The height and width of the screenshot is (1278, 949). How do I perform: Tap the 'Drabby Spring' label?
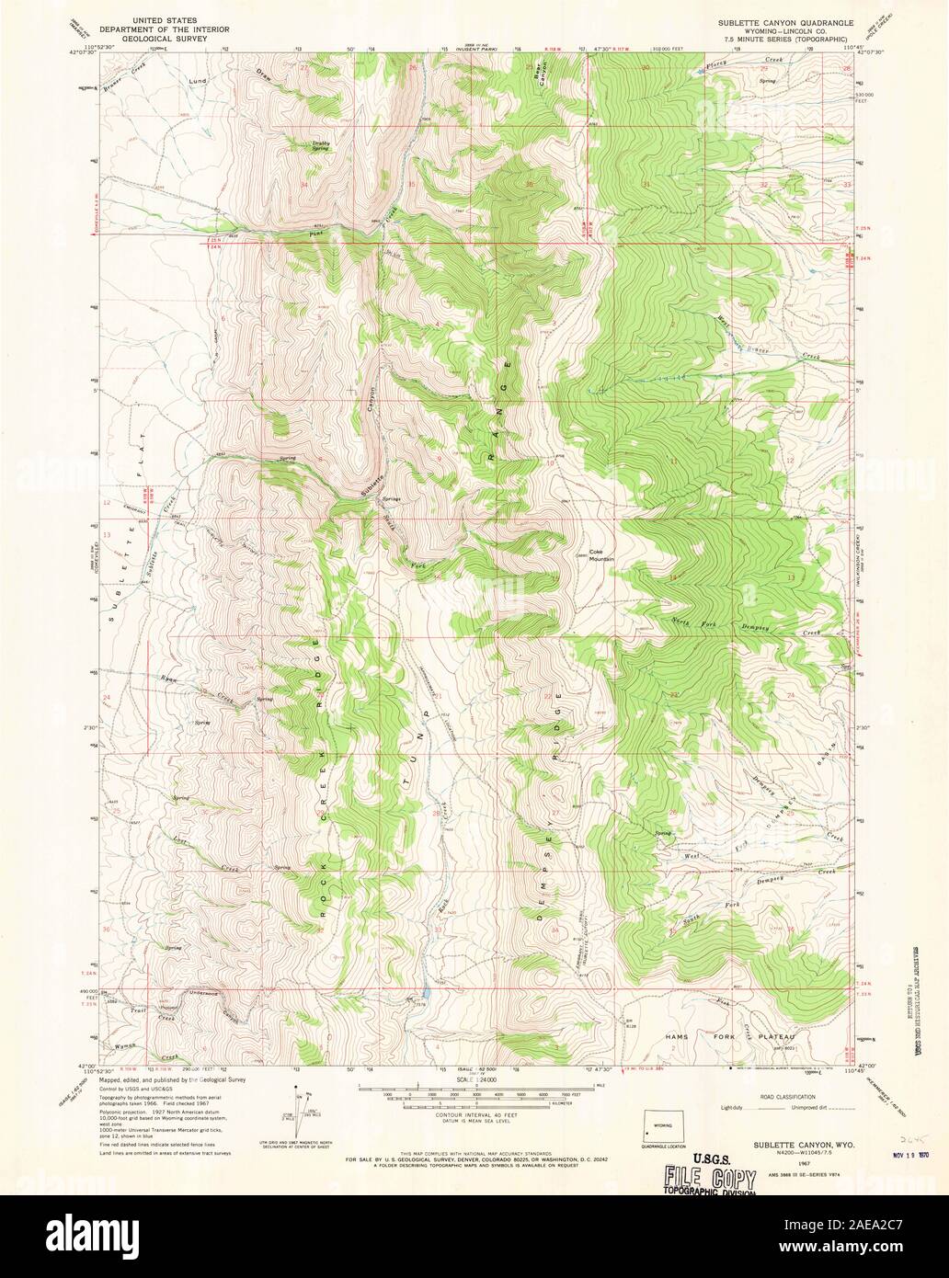pyautogui.click(x=319, y=145)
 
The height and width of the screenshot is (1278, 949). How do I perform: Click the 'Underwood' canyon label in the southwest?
pyautogui.click(x=201, y=993)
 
